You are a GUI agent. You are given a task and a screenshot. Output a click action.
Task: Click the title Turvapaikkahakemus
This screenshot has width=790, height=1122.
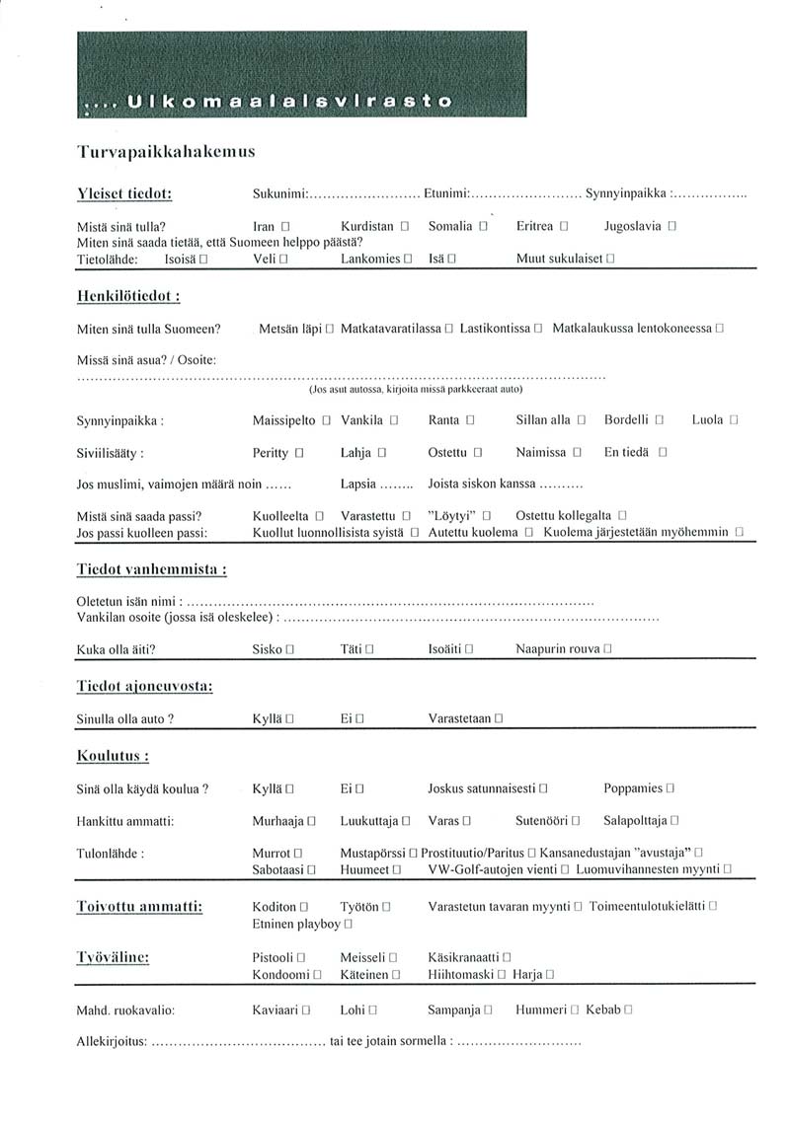(x=166, y=151)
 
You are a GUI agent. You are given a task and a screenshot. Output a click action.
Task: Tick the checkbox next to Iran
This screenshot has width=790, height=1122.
(x=284, y=227)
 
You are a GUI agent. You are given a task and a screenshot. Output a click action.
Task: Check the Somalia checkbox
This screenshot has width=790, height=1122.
(x=484, y=227)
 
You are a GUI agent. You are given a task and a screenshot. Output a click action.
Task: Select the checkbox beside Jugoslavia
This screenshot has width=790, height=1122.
(x=671, y=227)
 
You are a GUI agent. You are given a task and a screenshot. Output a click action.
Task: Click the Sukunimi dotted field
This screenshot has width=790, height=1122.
(x=365, y=193)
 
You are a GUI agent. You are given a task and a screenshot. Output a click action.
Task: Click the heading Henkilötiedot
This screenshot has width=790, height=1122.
(x=128, y=295)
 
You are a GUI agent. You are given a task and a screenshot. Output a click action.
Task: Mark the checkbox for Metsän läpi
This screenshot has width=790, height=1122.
(x=330, y=328)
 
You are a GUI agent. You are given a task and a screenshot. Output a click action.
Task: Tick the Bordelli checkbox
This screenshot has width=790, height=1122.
(x=659, y=420)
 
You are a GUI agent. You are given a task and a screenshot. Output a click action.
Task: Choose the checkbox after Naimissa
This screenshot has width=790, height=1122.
(x=578, y=453)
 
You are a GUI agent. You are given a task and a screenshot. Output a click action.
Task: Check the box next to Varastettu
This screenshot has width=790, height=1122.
(x=406, y=516)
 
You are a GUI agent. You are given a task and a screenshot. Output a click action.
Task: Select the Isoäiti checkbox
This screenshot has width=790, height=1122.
(x=469, y=650)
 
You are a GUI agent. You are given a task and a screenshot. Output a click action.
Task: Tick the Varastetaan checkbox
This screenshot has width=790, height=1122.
(x=500, y=719)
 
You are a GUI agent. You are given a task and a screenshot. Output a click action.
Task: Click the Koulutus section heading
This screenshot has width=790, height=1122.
(x=113, y=756)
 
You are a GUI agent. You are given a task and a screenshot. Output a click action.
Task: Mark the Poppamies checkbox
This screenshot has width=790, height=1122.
(x=671, y=788)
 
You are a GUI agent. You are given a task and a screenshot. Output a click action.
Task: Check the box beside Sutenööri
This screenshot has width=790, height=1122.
(x=576, y=821)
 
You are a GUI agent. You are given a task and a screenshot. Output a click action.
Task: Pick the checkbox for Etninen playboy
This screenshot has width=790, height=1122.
(x=349, y=925)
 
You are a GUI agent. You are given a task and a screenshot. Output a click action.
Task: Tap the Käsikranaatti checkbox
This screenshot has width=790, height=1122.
(x=507, y=957)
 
